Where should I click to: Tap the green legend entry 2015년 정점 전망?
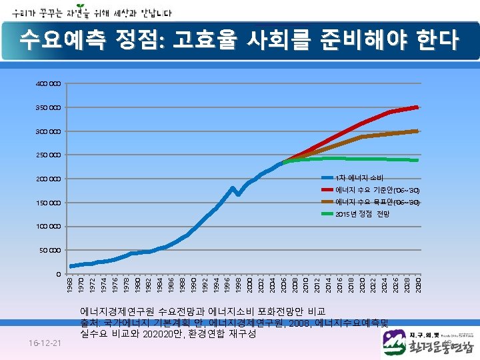[x=363, y=214]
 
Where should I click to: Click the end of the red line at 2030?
[x=417, y=107]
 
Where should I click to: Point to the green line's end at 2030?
[x=417, y=160]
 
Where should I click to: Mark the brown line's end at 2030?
[x=417, y=131]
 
